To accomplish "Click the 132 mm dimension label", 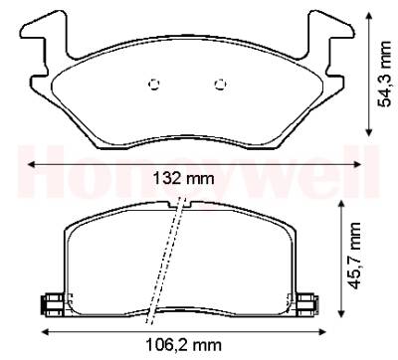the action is (183, 179).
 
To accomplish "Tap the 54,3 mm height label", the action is (384, 74).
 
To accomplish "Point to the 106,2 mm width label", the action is (184, 345).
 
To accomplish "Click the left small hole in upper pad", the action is (154, 85).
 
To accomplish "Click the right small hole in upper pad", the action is (220, 85).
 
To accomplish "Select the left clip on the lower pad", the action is (52, 305).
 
